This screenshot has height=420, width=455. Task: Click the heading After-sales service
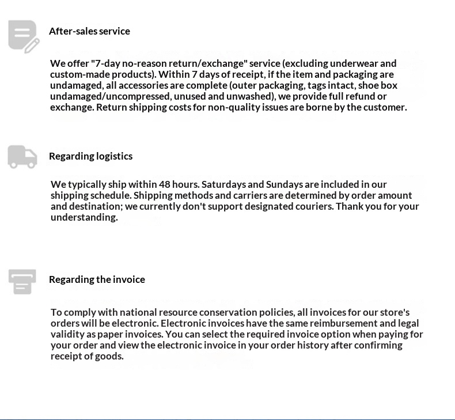pos(89,31)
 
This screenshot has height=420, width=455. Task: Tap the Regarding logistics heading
pos(90,156)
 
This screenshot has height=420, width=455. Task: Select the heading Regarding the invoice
pos(97,279)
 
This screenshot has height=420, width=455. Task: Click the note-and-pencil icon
pos(24,36)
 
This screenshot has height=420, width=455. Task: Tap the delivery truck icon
pos(22,157)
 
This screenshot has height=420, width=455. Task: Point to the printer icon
pos(22,281)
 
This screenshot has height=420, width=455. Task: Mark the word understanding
pos(84,217)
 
